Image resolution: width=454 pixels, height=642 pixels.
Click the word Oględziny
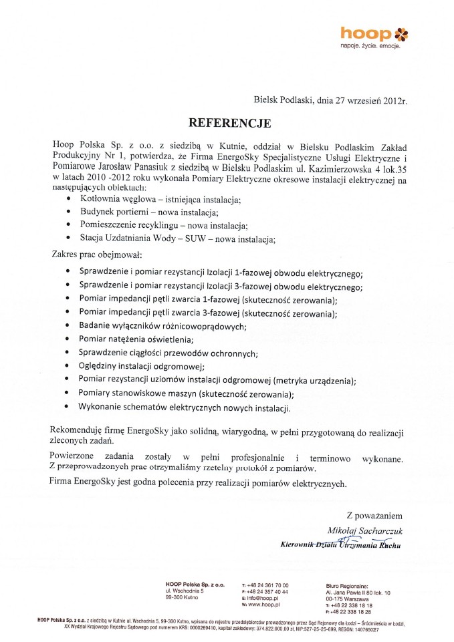click(x=100, y=365)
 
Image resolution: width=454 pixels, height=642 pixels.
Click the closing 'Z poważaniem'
click(x=374, y=516)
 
